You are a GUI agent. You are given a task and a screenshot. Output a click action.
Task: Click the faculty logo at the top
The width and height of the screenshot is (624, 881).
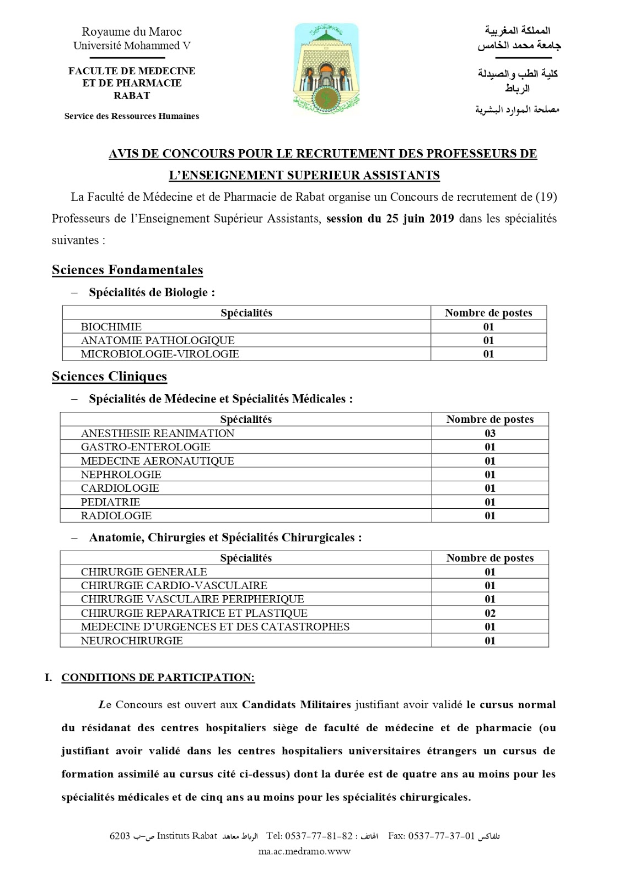point(326,69)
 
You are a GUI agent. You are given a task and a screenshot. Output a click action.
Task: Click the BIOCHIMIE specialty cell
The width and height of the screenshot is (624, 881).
point(111,327)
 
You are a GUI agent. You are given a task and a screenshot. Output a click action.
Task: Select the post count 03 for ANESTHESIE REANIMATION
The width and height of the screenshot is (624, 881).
point(490,433)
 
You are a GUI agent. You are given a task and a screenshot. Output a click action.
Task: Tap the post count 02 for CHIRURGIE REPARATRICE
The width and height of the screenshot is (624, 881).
point(490,613)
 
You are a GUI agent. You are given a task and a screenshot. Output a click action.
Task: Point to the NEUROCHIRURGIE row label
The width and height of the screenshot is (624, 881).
point(132,640)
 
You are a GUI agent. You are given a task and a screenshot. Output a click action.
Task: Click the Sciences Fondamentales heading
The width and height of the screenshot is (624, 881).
point(127,270)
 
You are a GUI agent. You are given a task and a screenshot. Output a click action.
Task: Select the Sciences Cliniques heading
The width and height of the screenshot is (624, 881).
point(109,376)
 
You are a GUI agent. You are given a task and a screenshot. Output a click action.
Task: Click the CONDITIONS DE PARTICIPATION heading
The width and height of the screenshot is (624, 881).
point(158,677)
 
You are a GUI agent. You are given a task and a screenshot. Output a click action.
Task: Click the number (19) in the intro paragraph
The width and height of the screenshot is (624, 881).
point(546,197)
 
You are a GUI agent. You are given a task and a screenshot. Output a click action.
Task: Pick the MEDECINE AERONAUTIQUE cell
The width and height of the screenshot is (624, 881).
point(158,461)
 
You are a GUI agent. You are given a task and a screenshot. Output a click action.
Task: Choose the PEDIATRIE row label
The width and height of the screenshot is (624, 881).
point(110,502)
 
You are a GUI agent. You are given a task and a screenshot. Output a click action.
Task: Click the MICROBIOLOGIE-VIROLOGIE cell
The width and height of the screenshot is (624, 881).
point(160,354)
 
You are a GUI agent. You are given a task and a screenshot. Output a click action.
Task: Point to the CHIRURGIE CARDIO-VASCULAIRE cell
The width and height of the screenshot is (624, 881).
point(174,585)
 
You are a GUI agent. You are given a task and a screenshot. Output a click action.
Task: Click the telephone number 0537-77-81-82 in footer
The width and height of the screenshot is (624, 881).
point(318,836)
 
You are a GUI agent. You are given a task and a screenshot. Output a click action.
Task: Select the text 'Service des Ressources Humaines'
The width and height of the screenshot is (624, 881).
point(132,116)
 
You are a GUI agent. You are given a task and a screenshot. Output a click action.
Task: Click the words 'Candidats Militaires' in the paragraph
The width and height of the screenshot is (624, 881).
point(297,705)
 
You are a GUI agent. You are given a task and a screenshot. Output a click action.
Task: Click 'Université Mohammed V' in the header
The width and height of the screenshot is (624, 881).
point(132,46)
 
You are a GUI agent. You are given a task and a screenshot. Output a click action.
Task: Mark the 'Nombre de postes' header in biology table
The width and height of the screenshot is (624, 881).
point(488,313)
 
